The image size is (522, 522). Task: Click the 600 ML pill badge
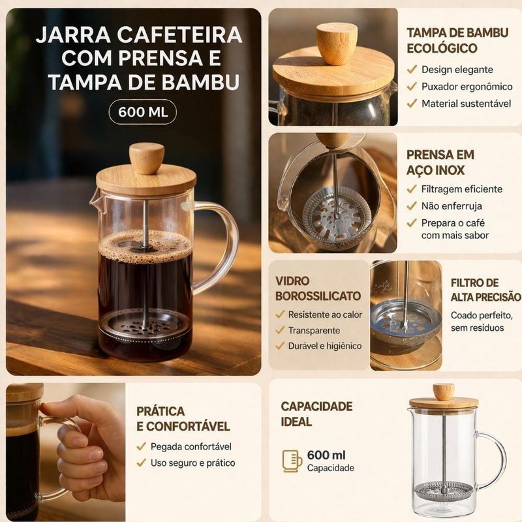142,112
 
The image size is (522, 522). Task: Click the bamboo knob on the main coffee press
146,159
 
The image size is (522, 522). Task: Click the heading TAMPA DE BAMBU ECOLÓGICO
457,40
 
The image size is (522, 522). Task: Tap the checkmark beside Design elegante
412,69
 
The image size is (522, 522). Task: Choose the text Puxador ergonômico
467,87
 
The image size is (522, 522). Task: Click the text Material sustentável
466,104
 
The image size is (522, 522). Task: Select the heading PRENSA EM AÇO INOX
440,162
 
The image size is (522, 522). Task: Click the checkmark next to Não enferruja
412,206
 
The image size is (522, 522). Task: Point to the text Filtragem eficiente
462,189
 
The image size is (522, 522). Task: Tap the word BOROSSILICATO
318,296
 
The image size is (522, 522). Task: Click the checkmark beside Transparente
280,330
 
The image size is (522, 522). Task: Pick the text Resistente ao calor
325,315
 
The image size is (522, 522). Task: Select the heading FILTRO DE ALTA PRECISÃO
485,290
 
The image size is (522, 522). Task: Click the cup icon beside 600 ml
292,461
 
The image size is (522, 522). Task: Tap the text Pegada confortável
191,446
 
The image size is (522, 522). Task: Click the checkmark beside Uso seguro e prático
141,463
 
